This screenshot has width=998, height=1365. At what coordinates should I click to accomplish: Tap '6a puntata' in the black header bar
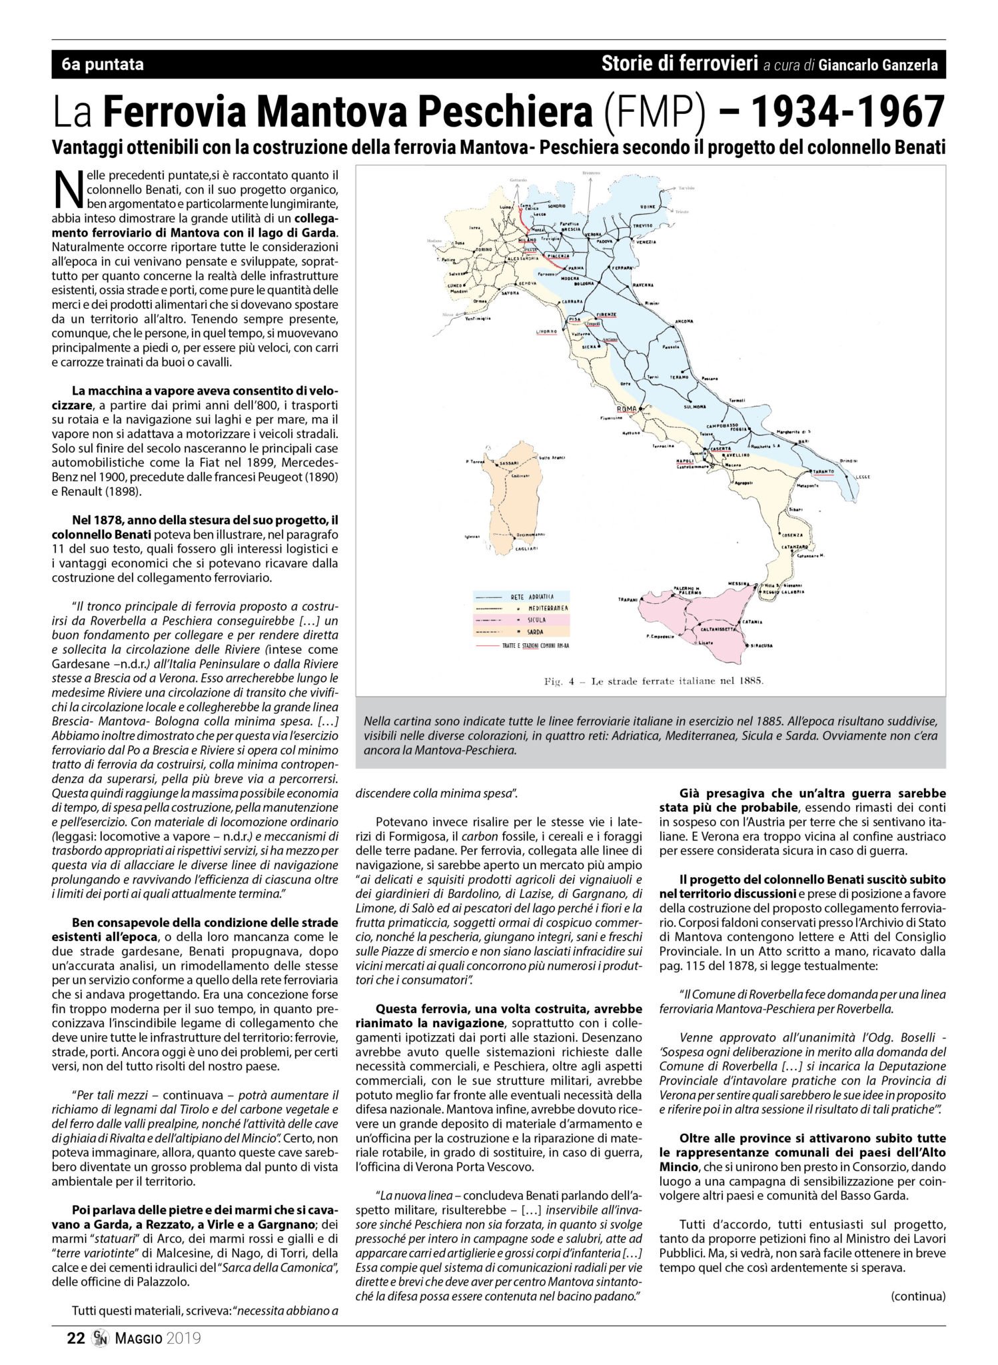(102, 65)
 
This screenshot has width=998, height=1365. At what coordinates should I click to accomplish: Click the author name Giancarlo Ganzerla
(881, 65)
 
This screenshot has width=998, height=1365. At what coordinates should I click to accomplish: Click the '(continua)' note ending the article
(917, 1296)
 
